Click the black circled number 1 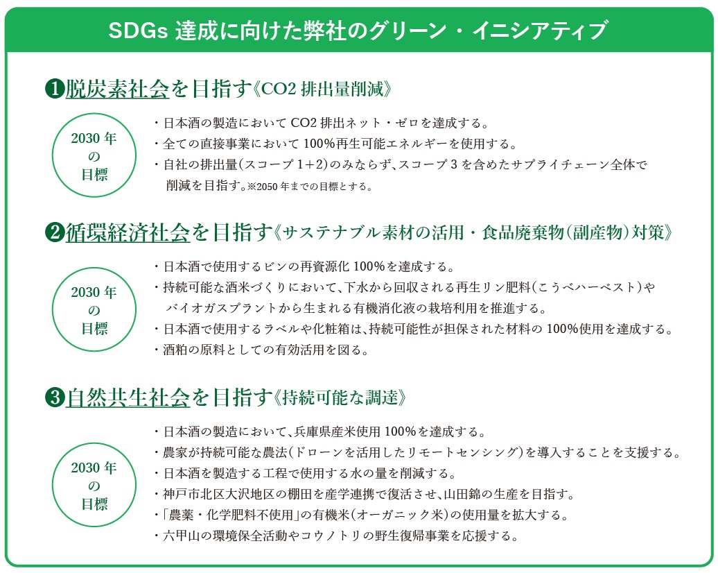(x=55, y=89)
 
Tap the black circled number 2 (x=55, y=232)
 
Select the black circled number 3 (x=55, y=397)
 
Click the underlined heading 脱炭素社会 (x=117, y=89)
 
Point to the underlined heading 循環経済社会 (x=128, y=232)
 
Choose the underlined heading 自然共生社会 (x=128, y=397)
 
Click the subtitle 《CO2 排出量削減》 (x=322, y=89)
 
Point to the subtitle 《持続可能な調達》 (x=340, y=397)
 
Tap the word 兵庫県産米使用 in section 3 (x=337, y=431)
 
